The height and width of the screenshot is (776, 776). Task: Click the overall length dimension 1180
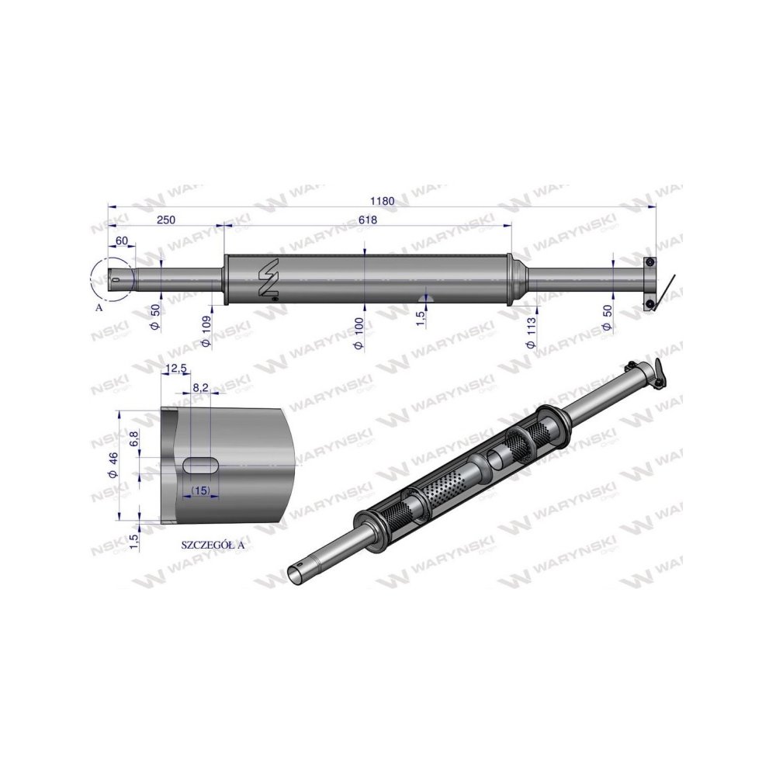383,200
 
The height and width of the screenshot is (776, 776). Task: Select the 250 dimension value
166,220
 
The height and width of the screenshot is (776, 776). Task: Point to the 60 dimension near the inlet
121,241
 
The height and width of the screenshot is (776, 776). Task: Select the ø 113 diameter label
532,332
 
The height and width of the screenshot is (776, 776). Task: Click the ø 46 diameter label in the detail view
114,465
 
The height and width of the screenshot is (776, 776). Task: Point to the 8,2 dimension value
200,386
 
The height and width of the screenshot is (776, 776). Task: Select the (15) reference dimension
201,490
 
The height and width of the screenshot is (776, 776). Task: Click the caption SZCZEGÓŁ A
212,545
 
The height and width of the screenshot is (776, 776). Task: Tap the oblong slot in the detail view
201,464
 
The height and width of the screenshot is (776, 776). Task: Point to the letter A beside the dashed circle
98,307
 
